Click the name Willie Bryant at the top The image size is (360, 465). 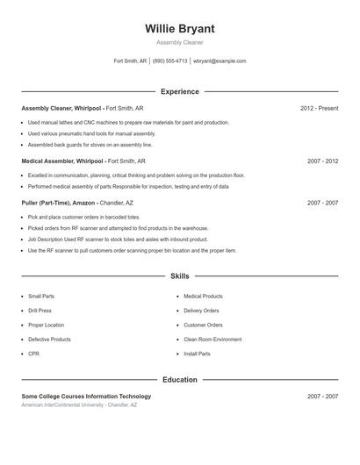pyautogui.click(x=180, y=28)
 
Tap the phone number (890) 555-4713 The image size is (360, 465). pyautogui.click(x=169, y=61)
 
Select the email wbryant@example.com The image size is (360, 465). pyautogui.click(x=220, y=61)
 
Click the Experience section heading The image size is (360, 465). pyautogui.click(x=180, y=91)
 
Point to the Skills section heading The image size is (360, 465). pyautogui.click(x=180, y=275)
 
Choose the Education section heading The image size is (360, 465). pyautogui.click(x=180, y=380)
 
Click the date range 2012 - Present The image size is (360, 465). pyautogui.click(x=319, y=108)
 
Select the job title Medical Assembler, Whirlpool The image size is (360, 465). pyautogui.click(x=62, y=161)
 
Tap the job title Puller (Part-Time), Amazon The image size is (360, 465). pyautogui.click(x=58, y=203)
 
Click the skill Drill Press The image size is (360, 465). pyautogui.click(x=40, y=311)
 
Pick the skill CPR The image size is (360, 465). pyautogui.click(x=33, y=354)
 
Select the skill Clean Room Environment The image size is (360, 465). pyautogui.click(x=212, y=339)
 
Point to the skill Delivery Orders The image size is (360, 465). pyautogui.click(x=201, y=311)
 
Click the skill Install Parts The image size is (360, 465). pyautogui.click(x=197, y=354)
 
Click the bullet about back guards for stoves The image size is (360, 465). pyautogui.click(x=90, y=145)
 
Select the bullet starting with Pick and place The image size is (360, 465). pyautogui.click(x=83, y=217)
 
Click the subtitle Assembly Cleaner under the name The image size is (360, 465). pyautogui.click(x=180, y=42)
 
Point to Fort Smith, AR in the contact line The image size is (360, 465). pyautogui.click(x=130, y=61)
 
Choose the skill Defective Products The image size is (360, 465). pyautogui.click(x=49, y=339)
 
